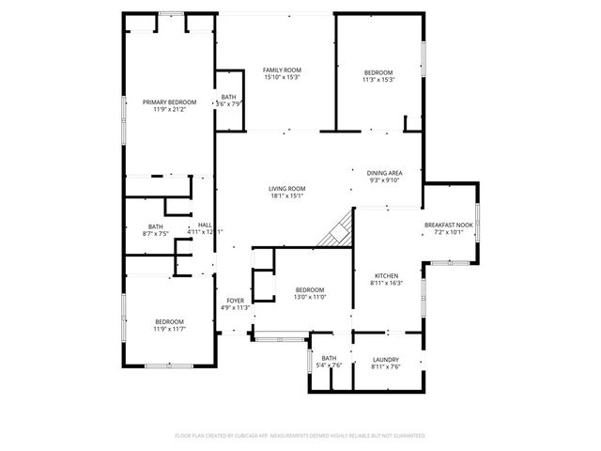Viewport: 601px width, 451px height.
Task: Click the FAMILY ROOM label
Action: point(282,70)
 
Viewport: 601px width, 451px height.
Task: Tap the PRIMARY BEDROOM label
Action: point(170,101)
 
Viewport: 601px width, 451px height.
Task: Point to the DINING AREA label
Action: point(385,173)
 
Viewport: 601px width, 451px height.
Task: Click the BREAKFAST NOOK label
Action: point(449,225)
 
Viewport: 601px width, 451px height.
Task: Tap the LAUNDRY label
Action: point(385,358)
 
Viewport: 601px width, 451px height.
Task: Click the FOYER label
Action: point(235,301)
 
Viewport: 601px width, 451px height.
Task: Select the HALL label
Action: point(204,225)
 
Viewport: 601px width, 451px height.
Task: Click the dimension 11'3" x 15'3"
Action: point(379,80)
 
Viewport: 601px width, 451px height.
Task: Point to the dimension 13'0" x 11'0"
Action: point(310,297)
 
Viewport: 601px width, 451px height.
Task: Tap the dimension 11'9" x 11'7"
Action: point(170,328)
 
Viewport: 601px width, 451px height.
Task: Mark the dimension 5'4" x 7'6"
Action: point(329,365)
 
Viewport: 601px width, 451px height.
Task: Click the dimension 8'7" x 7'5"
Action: point(156,233)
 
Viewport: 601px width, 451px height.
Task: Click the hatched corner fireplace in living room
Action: point(336,231)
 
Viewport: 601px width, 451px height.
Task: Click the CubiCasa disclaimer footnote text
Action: point(300,436)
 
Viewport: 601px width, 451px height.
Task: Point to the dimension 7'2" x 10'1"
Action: point(449,233)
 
